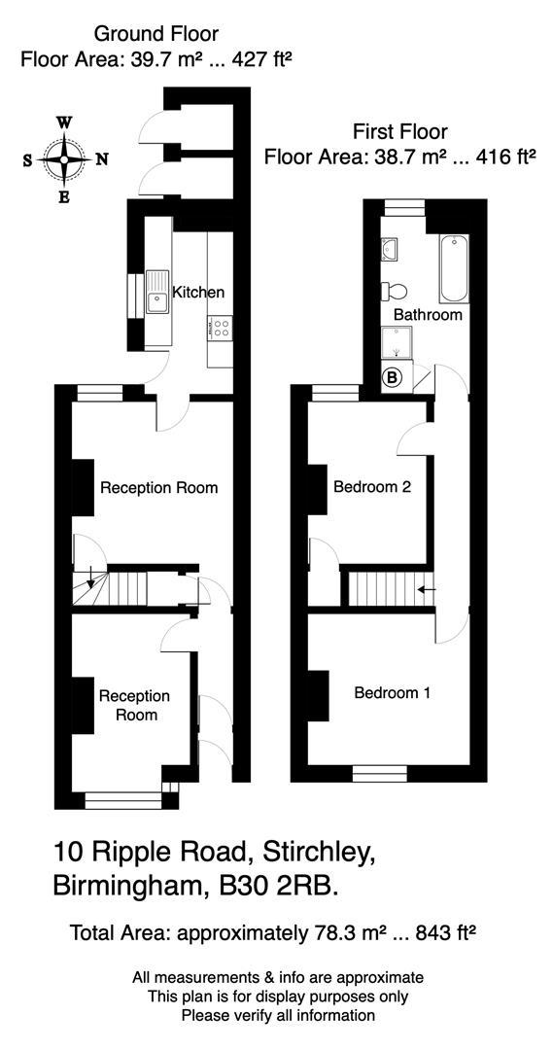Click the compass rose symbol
(65, 159)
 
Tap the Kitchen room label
(198, 292)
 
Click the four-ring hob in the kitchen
(220, 328)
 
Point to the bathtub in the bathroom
(453, 268)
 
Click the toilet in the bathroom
(395, 291)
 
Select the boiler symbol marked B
(393, 377)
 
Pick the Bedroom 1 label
(393, 693)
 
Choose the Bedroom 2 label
(372, 486)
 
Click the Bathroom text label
(428, 315)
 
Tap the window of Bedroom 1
(379, 773)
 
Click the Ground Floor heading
(156, 35)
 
